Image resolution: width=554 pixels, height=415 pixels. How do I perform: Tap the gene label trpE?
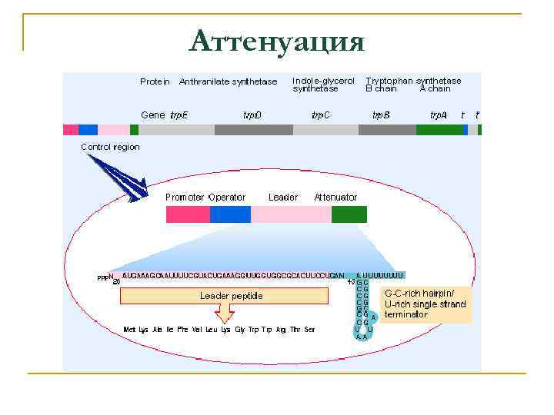click(x=179, y=115)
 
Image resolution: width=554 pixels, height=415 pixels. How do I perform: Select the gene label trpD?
click(x=252, y=115)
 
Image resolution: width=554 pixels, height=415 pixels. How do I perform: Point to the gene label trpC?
click(x=321, y=115)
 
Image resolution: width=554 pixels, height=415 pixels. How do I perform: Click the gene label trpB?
click(x=381, y=115)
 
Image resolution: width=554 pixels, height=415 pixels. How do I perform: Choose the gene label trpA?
click(x=438, y=115)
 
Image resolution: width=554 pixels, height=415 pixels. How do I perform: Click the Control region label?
click(x=111, y=147)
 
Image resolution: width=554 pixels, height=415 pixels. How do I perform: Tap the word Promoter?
click(x=185, y=198)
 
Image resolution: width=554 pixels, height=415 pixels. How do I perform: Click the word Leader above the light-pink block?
click(x=282, y=198)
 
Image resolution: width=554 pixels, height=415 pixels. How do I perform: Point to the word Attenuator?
click(x=335, y=198)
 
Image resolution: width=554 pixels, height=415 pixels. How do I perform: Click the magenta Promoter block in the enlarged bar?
click(x=188, y=214)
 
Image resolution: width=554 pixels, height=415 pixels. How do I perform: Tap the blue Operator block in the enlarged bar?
click(x=230, y=214)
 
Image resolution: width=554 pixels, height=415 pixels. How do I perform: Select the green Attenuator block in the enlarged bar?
click(x=349, y=214)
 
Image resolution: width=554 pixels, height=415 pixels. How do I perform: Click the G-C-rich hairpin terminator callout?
click(x=425, y=304)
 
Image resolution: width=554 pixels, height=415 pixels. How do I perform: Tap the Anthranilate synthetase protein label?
click(x=228, y=81)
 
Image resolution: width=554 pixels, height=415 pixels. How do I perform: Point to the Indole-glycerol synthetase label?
click(x=323, y=84)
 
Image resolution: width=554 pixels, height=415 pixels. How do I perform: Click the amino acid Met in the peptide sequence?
click(x=130, y=330)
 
